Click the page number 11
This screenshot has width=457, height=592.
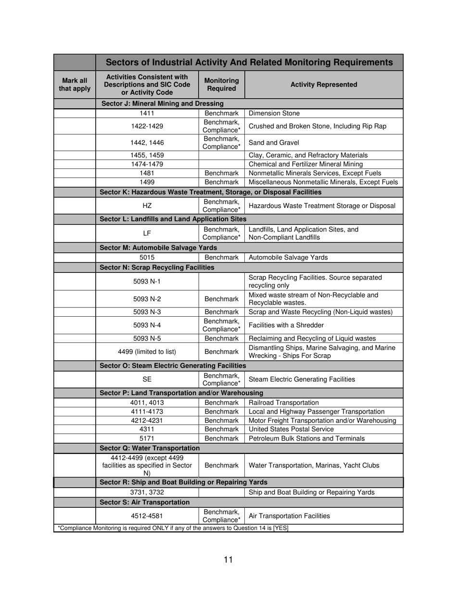[228, 559]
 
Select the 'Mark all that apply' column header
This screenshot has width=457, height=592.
[75, 85]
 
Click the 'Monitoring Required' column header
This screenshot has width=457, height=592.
[221, 85]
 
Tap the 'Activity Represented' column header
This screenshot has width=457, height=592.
[323, 85]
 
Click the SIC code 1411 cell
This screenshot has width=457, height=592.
[147, 114]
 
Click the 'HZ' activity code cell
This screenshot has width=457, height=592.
[147, 206]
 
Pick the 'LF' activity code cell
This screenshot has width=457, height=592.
[147, 233]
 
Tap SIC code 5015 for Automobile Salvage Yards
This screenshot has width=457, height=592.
[147, 257]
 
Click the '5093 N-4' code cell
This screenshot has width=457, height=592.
[147, 325]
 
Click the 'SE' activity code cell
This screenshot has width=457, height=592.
[147, 379]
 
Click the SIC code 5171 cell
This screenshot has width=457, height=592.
[147, 438]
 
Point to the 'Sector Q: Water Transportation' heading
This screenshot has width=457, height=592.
[149, 448]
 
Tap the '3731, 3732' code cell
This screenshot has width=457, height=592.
[147, 492]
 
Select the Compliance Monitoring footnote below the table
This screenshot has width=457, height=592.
[173, 528]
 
